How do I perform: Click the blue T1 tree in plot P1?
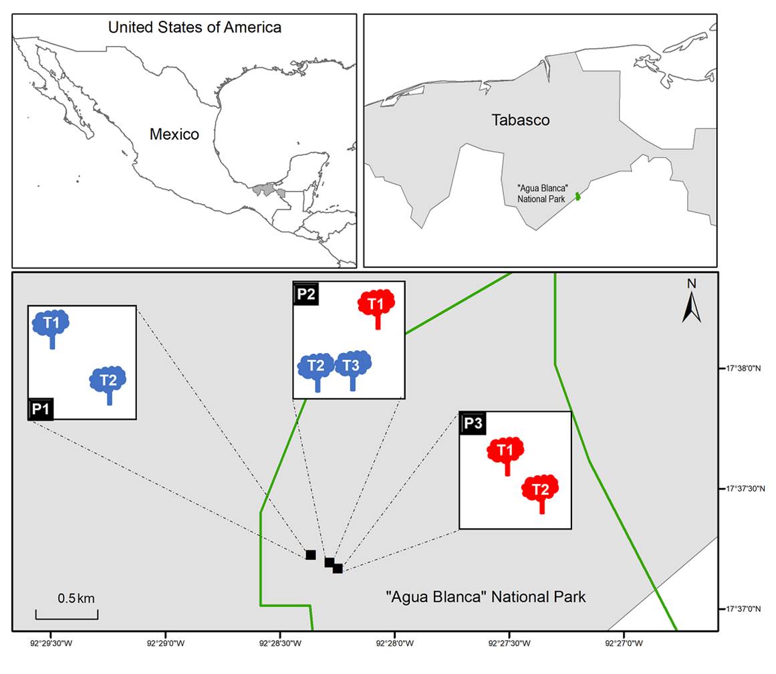[x=51, y=325]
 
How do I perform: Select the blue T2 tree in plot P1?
[x=108, y=382]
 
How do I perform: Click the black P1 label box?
[x=40, y=409]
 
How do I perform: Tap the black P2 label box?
[x=305, y=293]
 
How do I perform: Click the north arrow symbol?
[x=691, y=304]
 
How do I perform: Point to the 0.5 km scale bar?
[x=67, y=614]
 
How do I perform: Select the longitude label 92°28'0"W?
[x=394, y=644]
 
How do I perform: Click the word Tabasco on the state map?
[x=521, y=120]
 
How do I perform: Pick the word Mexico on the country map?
[x=174, y=134]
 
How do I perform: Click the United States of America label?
[x=195, y=27]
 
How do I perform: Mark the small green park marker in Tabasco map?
[x=578, y=196]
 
